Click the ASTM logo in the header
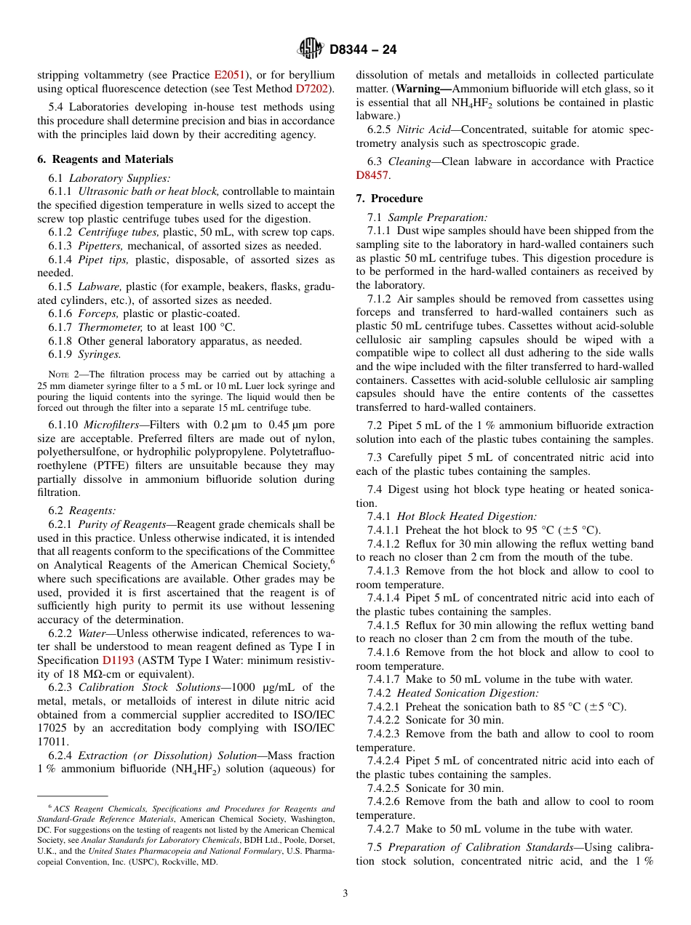(311, 49)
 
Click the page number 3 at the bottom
(345, 894)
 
